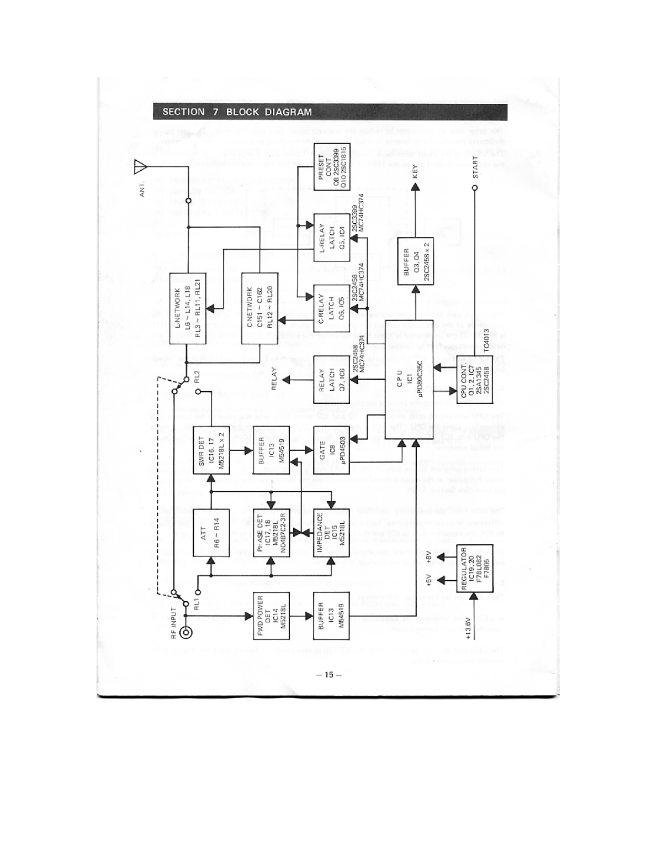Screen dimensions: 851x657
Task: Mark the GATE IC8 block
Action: [331, 450]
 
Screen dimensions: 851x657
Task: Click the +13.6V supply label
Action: [470, 627]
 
